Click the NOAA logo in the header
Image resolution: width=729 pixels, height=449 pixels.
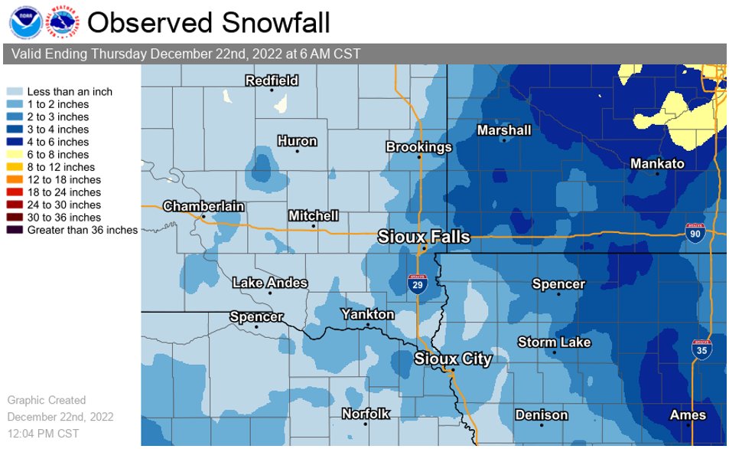(23, 22)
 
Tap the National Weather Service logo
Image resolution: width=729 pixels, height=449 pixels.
(63, 22)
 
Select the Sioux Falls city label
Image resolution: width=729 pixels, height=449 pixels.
(424, 237)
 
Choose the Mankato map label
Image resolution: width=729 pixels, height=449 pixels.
(657, 164)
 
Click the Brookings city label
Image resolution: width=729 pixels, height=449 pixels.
(418, 147)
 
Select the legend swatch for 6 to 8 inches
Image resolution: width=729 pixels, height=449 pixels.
(15, 155)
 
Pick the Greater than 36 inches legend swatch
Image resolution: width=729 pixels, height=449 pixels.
(15, 230)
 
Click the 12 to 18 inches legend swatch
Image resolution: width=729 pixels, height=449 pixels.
(15, 180)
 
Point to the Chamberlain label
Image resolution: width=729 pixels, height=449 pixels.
(203, 206)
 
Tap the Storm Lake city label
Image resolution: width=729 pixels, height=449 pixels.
(554, 342)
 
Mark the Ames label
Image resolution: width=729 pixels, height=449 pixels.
(688, 415)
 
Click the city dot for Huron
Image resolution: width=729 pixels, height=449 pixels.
(298, 151)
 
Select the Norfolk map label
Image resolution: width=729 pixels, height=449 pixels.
(365, 414)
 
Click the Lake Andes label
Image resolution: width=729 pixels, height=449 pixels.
(270, 283)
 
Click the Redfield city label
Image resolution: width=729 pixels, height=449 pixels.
(272, 80)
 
